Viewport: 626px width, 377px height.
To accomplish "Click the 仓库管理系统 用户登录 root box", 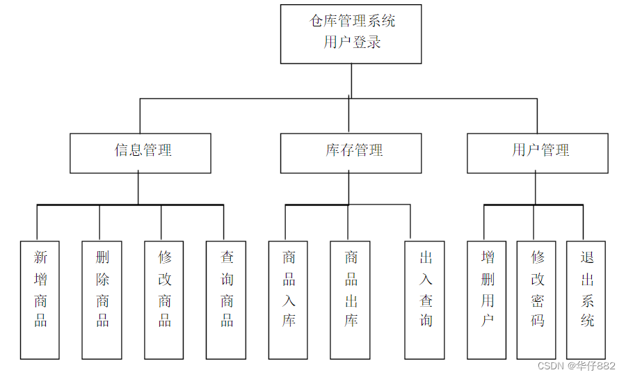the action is (351, 34).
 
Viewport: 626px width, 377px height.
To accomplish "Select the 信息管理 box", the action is (140, 153).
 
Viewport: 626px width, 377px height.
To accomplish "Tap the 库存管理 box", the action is (351, 153).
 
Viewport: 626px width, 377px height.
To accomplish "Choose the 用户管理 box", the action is (538, 153).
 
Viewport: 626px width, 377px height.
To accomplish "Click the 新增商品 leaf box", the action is (40, 300).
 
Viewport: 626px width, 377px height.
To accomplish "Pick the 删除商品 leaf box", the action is (102, 300).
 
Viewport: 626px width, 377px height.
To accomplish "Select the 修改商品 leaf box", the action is (164, 300).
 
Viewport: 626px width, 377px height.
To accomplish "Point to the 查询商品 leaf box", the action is (226, 300).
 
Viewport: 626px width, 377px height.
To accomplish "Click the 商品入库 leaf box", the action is (288, 300).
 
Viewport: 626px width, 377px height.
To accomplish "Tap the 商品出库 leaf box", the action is (350, 300).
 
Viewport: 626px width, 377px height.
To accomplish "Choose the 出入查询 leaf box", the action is (424, 300).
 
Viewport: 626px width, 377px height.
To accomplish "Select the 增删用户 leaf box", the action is (487, 300).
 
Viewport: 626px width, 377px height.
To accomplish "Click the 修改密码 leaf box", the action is (536, 300).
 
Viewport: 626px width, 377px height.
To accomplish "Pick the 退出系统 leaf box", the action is (586, 300).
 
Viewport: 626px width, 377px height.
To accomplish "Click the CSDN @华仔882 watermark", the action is (577, 365).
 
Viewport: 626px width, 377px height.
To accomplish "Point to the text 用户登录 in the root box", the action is (352, 42).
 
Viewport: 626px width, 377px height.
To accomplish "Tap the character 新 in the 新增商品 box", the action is (40, 257).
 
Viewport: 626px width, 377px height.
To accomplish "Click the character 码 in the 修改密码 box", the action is (538, 320).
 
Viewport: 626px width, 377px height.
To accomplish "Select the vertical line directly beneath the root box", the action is (351, 81).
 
